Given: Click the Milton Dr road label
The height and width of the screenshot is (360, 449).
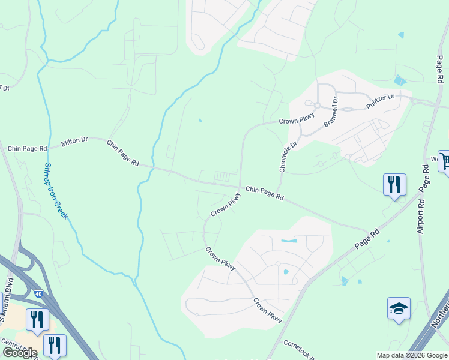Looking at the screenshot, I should click(x=74, y=142).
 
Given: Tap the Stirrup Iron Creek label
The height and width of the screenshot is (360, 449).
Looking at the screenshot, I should click(x=55, y=191).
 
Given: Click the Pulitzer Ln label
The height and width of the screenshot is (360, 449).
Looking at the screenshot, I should click(x=381, y=101).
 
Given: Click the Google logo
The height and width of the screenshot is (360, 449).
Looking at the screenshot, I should click(x=20, y=353).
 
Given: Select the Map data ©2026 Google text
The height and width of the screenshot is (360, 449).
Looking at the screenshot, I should click(x=411, y=355).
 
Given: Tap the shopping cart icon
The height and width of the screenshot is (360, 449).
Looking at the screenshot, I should click(x=444, y=161).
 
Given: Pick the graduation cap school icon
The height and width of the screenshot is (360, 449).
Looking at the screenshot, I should click(x=399, y=308).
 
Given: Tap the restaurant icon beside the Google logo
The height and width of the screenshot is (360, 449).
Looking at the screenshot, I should click(x=55, y=345).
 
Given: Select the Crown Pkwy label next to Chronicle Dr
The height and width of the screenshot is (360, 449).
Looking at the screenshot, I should click(x=297, y=121).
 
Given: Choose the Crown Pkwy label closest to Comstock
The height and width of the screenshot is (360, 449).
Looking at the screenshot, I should click(x=267, y=310).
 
